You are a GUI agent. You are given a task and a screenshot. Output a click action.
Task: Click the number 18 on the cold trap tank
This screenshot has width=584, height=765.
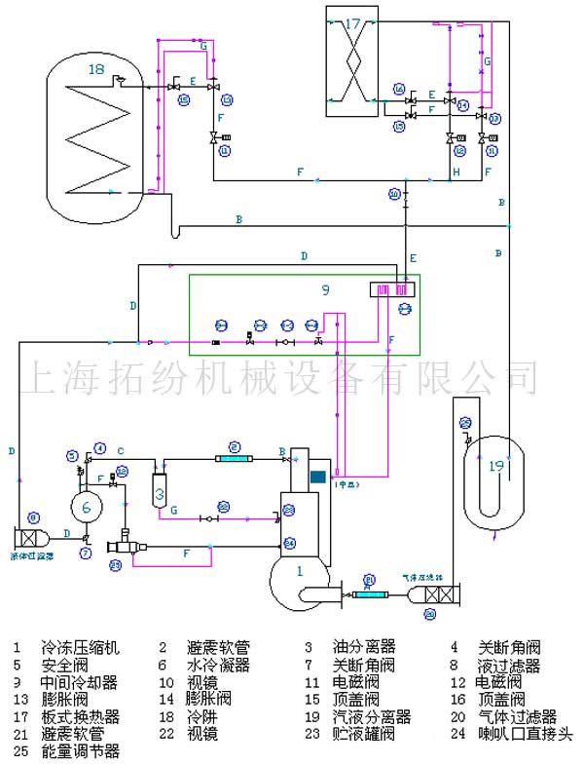(x=95, y=69)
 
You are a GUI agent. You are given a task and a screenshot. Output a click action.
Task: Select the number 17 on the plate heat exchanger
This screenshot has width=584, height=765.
(x=352, y=22)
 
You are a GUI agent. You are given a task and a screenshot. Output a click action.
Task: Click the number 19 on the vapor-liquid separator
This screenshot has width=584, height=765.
(x=496, y=466)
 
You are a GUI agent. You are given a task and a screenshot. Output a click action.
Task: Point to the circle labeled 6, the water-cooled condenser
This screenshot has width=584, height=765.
(x=87, y=507)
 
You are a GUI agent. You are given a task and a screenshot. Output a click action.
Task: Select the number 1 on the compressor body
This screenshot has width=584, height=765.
(x=300, y=570)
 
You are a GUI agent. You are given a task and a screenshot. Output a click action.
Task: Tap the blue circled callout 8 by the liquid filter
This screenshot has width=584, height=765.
(x=34, y=517)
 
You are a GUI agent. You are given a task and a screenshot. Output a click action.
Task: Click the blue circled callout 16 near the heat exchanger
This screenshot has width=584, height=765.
(x=399, y=89)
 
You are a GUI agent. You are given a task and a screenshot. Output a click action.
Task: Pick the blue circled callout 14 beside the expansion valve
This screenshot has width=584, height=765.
(x=463, y=104)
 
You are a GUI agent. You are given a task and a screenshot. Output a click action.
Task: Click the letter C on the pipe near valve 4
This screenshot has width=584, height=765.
(x=120, y=450)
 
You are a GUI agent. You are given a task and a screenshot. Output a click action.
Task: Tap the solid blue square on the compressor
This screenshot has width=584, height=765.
(x=317, y=476)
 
